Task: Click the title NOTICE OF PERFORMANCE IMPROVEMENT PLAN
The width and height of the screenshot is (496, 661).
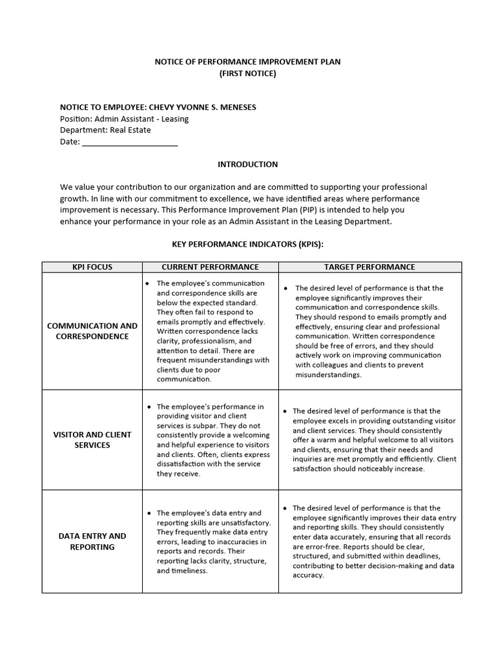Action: click(247, 62)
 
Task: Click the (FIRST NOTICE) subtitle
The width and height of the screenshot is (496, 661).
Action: click(247, 74)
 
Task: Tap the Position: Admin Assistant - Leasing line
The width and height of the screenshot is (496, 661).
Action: click(124, 119)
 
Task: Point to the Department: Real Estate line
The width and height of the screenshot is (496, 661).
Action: click(105, 130)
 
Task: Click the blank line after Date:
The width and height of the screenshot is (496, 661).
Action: click(130, 142)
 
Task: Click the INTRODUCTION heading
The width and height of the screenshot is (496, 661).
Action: click(247, 165)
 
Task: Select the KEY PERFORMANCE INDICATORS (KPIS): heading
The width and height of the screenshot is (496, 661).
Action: click(247, 245)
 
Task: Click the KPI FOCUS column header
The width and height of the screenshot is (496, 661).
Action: click(92, 267)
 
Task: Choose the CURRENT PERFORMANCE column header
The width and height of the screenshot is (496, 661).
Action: click(210, 267)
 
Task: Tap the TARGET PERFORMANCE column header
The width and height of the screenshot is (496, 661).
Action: click(369, 267)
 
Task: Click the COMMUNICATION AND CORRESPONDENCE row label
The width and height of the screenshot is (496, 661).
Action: click(92, 331)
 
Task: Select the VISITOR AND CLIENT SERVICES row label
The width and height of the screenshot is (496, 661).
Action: click(92, 440)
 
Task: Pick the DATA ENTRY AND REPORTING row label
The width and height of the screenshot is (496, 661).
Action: click(92, 541)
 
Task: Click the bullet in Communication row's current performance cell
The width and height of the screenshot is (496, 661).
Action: click(148, 283)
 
